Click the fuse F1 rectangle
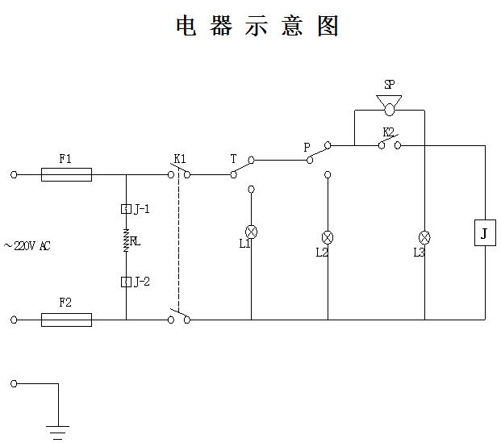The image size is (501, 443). pos(65,173)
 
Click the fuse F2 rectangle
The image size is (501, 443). pos(65,320)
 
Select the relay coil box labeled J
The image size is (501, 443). pos(484,233)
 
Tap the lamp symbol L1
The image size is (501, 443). pos(250,229)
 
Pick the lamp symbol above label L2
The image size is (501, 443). pos(328,237)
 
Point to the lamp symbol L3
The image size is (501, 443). pos(424,237)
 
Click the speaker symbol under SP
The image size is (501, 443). pos(389,104)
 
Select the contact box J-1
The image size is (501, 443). pos(126,209)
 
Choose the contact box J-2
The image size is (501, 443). pos(126,281)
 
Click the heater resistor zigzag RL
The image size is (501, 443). pos(126,240)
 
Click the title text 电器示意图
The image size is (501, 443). pos(257,26)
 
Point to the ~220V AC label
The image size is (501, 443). pos(27,246)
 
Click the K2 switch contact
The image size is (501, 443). pos(388,144)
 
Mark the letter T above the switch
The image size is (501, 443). pos(233,159)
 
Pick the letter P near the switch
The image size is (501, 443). pos(307,148)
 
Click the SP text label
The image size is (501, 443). pos(389,84)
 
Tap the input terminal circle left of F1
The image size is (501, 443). pos(14,173)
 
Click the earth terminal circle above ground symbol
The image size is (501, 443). pos(14,383)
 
